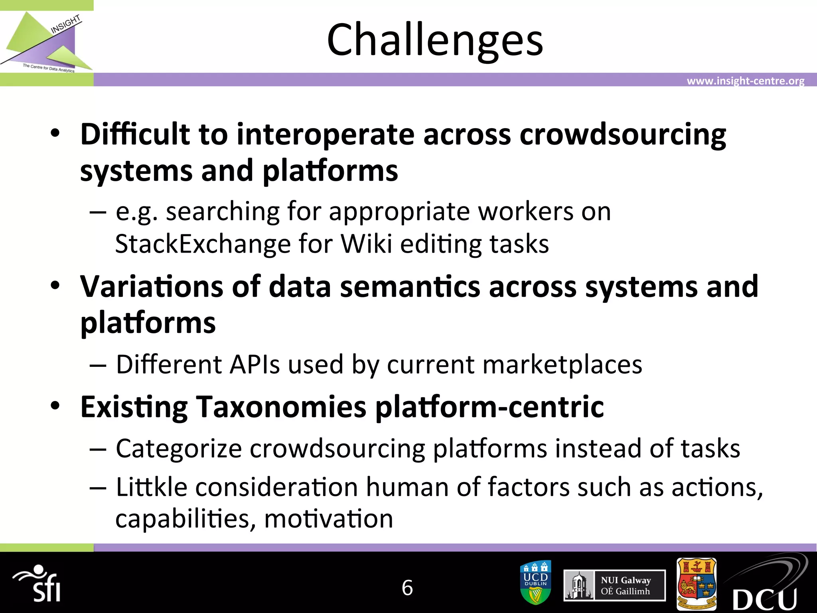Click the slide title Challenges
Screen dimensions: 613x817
tap(435, 40)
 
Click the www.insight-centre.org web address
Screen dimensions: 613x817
tap(745, 81)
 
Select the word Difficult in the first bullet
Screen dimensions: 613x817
tap(135, 134)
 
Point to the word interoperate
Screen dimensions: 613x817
tap(325, 134)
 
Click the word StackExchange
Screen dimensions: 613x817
tap(203, 244)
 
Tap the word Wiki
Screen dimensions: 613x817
tap(367, 244)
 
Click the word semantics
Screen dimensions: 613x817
tap(410, 287)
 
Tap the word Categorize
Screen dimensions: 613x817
tap(179, 449)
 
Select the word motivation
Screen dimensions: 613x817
tap(328, 519)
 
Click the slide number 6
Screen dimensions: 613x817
tap(407, 588)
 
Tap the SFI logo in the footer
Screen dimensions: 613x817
tap(38, 584)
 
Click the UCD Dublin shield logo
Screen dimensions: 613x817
tap(536, 582)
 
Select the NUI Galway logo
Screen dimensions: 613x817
tap(614, 585)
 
